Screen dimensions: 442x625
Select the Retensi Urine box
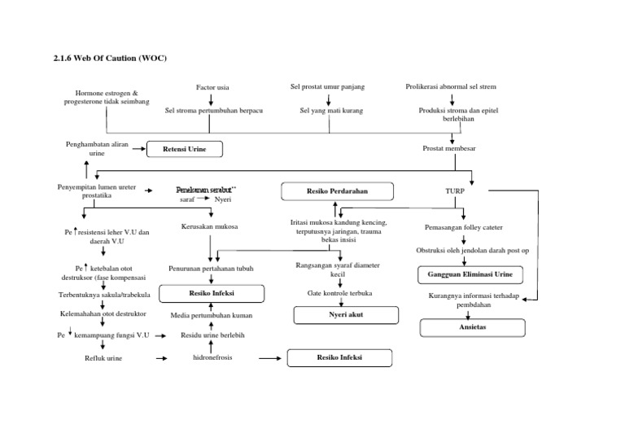coord(184,149)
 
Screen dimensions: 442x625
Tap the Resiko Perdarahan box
coord(337,190)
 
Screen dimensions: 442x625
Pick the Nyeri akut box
coord(346,313)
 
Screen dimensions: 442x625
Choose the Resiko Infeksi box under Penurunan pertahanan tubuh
coord(212,292)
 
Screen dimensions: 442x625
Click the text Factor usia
coord(212,86)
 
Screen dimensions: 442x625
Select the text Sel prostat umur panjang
coord(326,85)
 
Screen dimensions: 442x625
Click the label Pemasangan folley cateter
coord(463,229)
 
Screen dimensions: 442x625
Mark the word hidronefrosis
coord(211,357)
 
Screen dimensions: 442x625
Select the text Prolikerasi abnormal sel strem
coord(451,85)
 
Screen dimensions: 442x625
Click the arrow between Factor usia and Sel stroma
coord(211,98)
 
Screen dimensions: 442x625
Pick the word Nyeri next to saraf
coord(222,199)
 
